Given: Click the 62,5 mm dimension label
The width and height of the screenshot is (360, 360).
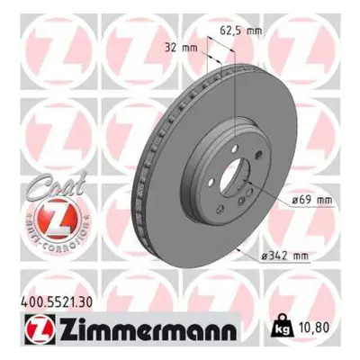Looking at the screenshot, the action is pyautogui.click(x=241, y=31).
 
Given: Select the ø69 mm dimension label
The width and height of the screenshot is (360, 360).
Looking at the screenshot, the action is pyautogui.click(x=312, y=200).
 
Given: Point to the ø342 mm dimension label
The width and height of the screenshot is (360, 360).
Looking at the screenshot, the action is pyautogui.click(x=285, y=256).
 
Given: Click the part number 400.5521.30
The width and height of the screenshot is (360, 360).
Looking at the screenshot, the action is pyautogui.click(x=57, y=301).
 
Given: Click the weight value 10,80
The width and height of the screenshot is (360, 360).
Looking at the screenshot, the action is pyautogui.click(x=313, y=328).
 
